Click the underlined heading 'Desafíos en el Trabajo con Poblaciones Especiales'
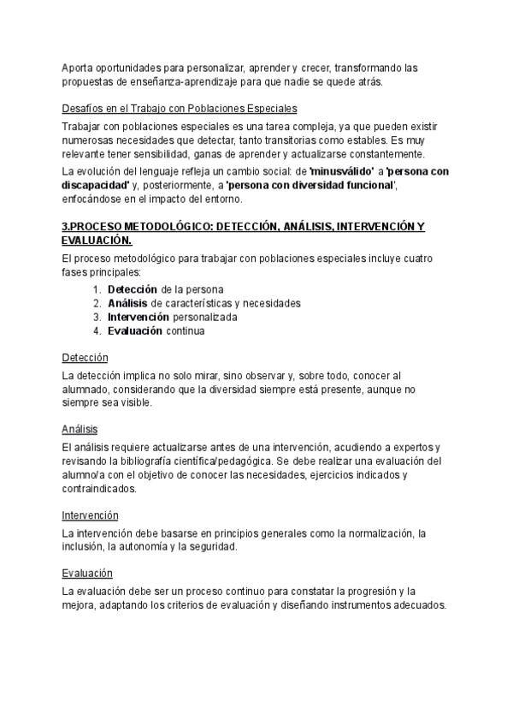coord(180,109)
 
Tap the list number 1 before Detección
coord(97,289)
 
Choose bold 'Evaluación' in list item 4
coord(135,330)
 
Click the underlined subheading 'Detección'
coord(85,357)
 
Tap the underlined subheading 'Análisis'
coord(80,429)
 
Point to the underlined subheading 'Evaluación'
coord(87,573)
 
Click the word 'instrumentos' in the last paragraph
coord(364,605)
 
